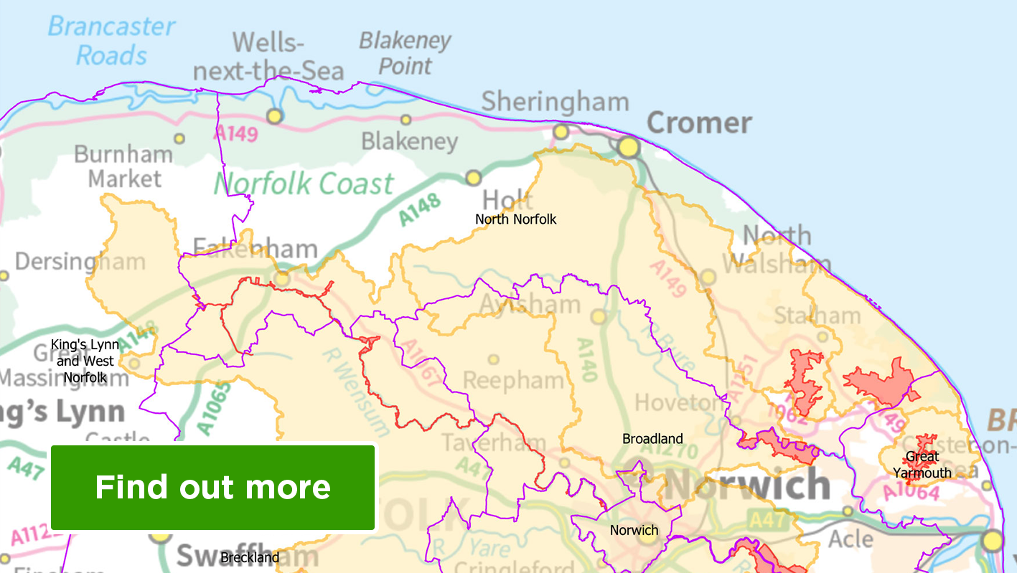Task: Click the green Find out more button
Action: tap(212, 487)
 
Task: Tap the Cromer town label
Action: tap(699, 123)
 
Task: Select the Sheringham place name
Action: tap(554, 102)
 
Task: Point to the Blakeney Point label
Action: tap(405, 53)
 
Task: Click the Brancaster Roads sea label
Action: tap(111, 41)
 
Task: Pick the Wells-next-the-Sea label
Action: tap(269, 57)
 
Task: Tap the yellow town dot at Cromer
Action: tap(628, 147)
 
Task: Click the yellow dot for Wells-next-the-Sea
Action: tap(274, 115)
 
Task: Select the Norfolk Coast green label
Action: tap(304, 184)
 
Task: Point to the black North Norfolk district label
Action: tap(516, 219)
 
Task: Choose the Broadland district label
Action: tap(652, 438)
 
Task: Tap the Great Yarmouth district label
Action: tap(922, 465)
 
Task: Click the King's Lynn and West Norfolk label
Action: tap(85, 361)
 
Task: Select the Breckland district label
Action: tap(250, 557)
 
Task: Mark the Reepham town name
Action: tap(513, 380)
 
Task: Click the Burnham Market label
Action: tap(123, 166)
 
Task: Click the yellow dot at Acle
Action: tap(848, 511)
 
